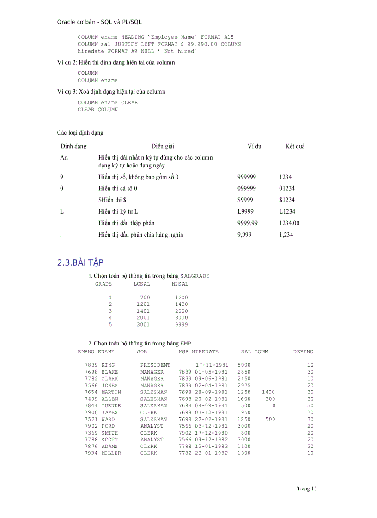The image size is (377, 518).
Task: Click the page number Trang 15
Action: [x=307, y=488]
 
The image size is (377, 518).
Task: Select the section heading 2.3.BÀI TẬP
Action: [x=80, y=262]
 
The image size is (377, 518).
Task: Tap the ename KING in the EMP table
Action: [x=108, y=365]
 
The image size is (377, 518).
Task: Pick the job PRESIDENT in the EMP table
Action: [x=155, y=365]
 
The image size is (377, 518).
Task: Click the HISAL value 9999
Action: [x=182, y=324]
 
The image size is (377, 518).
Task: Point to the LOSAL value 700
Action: [x=145, y=298]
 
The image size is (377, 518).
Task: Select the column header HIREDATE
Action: [x=205, y=351]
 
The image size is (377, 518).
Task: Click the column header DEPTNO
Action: [x=303, y=351]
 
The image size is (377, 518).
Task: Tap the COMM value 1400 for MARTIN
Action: [x=268, y=392]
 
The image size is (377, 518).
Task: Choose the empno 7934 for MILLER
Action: [x=91, y=453]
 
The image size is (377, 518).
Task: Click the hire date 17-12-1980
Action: [x=212, y=433]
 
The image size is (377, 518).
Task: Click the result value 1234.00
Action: [x=289, y=223]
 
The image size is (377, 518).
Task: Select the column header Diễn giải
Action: [x=163, y=146]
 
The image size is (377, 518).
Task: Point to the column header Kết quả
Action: [x=295, y=146]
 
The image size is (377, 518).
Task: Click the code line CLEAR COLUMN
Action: [x=97, y=110]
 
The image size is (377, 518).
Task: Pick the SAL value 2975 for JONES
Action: [x=244, y=385]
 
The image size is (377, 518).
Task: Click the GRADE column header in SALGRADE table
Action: [x=103, y=284]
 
